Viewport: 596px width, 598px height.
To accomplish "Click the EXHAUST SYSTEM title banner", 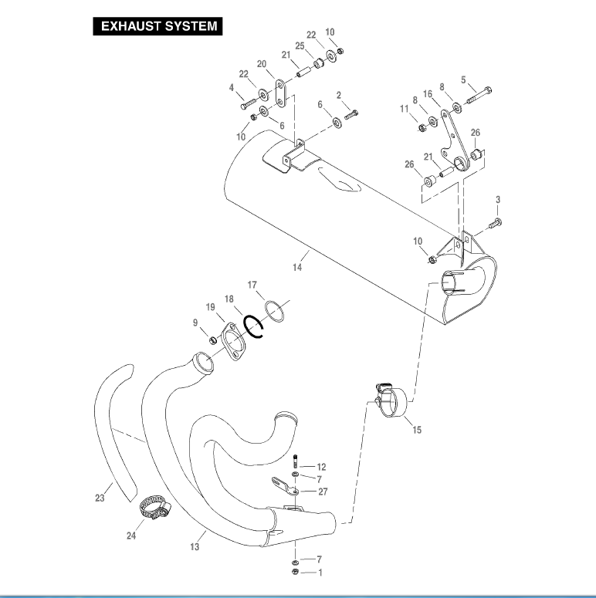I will coord(157,26).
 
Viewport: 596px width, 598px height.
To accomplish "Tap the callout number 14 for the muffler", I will coord(296,267).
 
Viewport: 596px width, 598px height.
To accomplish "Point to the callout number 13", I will coord(195,546).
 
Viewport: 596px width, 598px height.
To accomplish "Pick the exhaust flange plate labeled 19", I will coord(229,342).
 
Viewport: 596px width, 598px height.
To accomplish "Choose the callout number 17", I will coord(252,285).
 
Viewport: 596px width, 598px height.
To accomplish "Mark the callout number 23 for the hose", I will coord(100,498).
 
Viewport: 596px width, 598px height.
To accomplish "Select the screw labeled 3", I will coord(495,223).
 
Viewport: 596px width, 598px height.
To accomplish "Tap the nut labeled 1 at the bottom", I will coord(296,572).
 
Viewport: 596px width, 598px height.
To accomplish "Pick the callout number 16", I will coord(427,93).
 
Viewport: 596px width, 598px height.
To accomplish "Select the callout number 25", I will coord(300,47).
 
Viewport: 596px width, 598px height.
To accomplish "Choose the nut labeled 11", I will coord(422,127).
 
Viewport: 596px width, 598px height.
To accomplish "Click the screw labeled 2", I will coord(352,114).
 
